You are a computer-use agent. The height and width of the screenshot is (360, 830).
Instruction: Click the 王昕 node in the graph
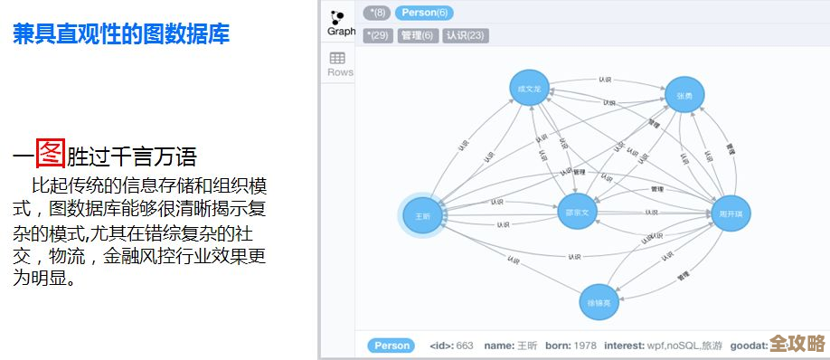423,217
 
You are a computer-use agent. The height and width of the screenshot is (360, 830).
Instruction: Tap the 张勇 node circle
684,95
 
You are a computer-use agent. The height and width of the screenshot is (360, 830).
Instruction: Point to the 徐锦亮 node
600,302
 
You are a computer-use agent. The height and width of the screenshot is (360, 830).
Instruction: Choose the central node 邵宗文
577,213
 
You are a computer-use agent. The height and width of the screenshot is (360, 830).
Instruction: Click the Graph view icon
340,22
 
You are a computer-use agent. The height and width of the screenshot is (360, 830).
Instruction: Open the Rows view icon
340,63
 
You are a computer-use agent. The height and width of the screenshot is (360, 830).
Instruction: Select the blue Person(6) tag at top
424,13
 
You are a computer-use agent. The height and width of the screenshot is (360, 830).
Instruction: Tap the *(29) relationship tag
378,35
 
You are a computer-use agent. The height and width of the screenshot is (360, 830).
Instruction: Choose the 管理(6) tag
418,35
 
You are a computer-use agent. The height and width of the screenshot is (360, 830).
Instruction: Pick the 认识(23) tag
466,35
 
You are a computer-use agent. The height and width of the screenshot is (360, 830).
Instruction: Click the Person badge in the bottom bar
391,346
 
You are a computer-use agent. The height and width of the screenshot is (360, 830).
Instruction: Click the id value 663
465,346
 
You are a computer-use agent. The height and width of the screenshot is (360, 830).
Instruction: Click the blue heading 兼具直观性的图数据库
120,34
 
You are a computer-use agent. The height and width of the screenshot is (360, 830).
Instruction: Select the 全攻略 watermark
797,344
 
